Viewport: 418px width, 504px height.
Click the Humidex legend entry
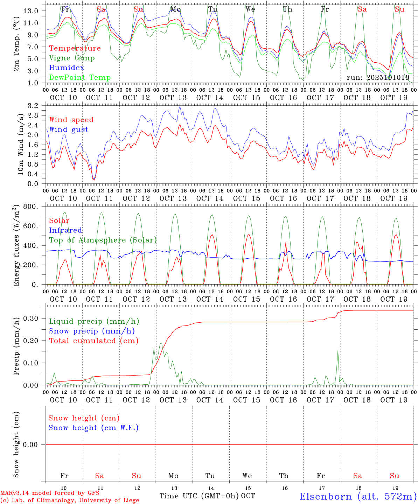pyautogui.click(x=67, y=68)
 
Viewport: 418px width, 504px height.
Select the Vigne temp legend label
pyautogui.click(x=72, y=58)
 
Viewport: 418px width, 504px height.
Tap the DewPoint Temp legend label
pyautogui.click(x=80, y=78)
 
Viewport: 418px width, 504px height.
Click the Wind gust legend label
pyautogui.click(x=69, y=129)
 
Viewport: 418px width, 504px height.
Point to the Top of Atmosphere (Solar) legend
pyautogui.click(x=103, y=240)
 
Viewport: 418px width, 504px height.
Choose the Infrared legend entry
pyautogui.click(x=65, y=230)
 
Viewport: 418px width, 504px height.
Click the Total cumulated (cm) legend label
pyautogui.click(x=94, y=341)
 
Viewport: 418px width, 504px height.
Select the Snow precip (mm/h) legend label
pyautogui.click(x=92, y=331)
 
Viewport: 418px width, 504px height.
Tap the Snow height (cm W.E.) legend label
pyautogui.click(x=93, y=428)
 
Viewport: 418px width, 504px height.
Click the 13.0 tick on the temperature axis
pyautogui.click(x=31, y=11)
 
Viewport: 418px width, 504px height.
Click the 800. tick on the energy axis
pyautogui.click(x=30, y=206)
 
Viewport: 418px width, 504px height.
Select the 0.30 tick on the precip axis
pyautogui.click(x=30, y=318)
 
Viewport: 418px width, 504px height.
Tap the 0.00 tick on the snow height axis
pyautogui.click(x=30, y=444)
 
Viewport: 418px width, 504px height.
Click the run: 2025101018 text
pyautogui.click(x=378, y=78)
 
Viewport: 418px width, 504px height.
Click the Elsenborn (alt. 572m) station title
pyautogui.click(x=358, y=496)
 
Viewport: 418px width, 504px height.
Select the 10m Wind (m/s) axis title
pyautogui.click(x=20, y=144)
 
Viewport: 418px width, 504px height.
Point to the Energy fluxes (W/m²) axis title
pyautogui.click(x=16, y=246)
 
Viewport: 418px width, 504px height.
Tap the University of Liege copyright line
pyautogui.click(x=70, y=500)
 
